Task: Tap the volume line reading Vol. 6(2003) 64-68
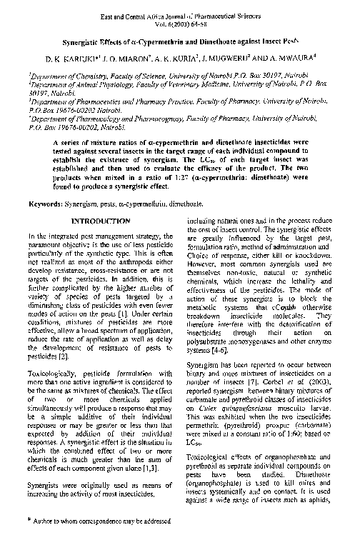[179, 22]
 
